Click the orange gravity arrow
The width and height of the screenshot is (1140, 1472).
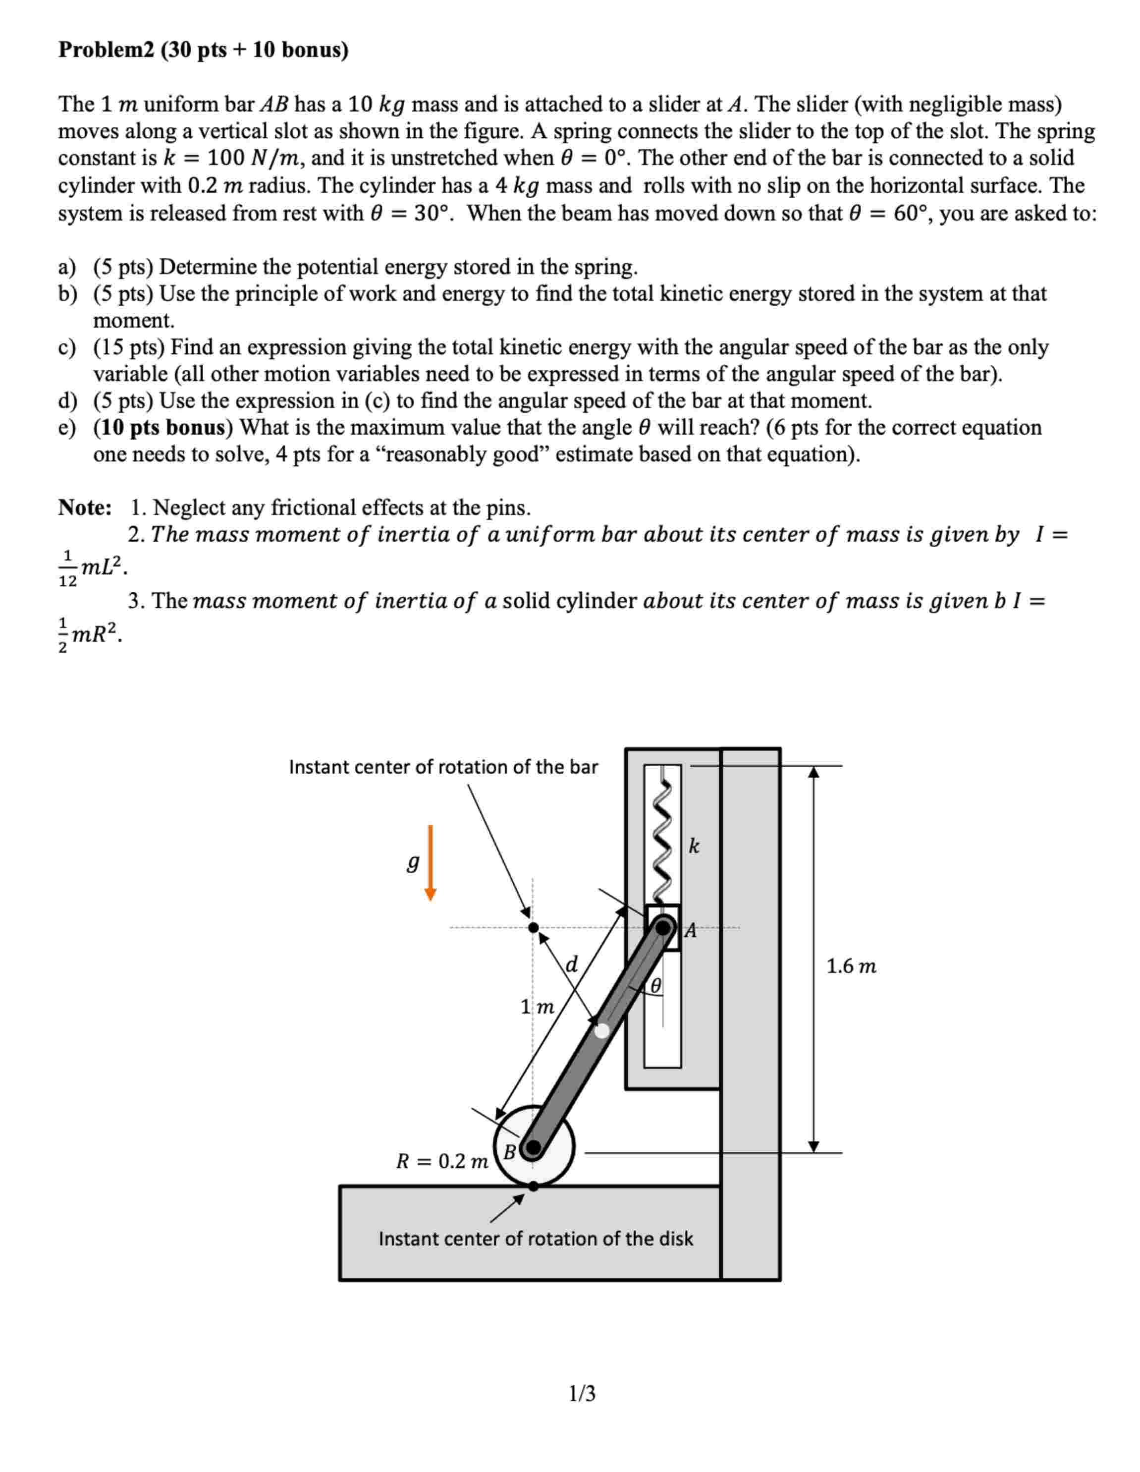click(x=431, y=863)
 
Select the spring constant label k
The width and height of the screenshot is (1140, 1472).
click(x=694, y=847)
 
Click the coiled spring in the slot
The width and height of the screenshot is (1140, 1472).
click(x=664, y=843)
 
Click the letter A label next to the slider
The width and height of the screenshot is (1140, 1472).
click(x=690, y=931)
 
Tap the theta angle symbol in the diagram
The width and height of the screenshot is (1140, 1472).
click(x=655, y=986)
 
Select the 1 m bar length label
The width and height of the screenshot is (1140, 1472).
click(x=537, y=1007)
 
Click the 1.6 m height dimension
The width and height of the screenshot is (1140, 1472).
click(x=851, y=966)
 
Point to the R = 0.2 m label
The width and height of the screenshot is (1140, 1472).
click(x=442, y=1161)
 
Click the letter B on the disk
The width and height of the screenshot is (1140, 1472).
click(x=510, y=1152)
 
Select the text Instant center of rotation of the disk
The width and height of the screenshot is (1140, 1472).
click(x=536, y=1239)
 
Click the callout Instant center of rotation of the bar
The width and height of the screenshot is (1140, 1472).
click(x=443, y=767)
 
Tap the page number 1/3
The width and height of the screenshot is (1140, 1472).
click(x=582, y=1393)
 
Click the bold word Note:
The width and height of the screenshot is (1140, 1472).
click(x=85, y=508)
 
